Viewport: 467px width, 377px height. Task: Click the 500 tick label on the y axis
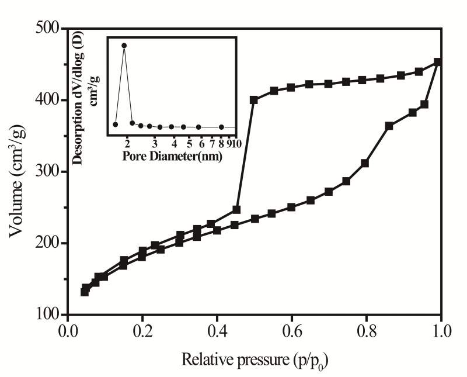click(47, 28)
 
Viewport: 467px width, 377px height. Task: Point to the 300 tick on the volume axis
click(47, 172)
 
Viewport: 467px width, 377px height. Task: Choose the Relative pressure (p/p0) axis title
click(253, 358)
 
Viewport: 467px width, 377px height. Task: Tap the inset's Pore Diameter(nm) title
click(173, 155)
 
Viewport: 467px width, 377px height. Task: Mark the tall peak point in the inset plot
click(124, 45)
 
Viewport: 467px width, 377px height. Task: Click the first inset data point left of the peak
click(115, 124)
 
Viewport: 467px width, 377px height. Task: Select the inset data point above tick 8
click(221, 127)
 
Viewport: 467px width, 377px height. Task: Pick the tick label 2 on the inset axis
click(127, 144)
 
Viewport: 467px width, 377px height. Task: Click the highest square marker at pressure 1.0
click(438, 62)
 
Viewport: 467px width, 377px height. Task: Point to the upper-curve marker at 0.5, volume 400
click(254, 100)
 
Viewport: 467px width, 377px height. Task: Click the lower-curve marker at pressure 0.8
click(365, 163)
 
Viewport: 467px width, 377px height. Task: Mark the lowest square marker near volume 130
click(85, 292)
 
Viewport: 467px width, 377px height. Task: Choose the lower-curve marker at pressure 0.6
click(291, 207)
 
